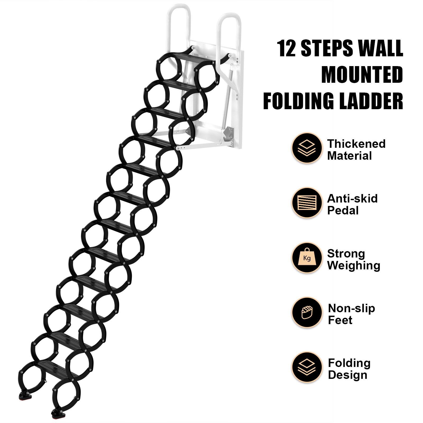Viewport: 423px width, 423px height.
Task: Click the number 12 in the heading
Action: (x=287, y=48)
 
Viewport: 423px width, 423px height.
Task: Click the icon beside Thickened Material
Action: (x=307, y=148)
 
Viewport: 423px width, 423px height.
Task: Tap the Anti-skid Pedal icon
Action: (x=307, y=203)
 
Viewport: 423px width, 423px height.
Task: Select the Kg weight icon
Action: (x=307, y=258)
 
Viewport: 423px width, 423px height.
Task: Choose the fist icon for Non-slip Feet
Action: (x=307, y=312)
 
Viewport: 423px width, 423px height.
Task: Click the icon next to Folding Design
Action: (x=307, y=367)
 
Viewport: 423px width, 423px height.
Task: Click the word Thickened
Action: (x=356, y=144)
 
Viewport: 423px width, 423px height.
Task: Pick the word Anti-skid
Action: (x=352, y=199)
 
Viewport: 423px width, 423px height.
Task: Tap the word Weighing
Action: (x=353, y=265)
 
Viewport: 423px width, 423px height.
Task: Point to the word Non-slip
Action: (x=351, y=308)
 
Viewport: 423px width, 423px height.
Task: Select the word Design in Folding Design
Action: (x=347, y=375)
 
